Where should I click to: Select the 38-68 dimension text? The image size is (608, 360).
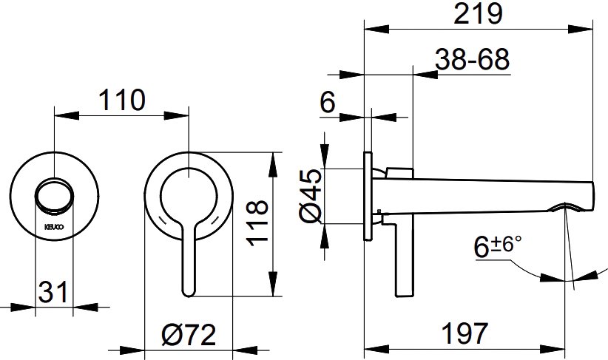(472, 59)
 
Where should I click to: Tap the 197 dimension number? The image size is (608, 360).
(465, 333)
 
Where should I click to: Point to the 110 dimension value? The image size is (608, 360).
(122, 100)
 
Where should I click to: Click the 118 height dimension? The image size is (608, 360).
(258, 223)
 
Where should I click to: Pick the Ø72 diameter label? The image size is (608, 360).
(189, 335)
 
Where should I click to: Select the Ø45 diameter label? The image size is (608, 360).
(311, 196)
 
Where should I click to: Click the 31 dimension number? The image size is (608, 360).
(53, 292)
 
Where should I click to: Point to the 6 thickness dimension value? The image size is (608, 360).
(327, 103)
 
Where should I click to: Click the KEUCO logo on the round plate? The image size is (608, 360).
(54, 227)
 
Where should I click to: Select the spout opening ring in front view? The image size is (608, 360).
(54, 195)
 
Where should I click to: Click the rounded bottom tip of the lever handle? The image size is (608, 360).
(188, 293)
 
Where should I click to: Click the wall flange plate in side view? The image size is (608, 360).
(368, 197)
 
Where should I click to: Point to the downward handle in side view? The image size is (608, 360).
(405, 257)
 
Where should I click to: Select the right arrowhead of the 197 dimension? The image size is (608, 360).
(554, 348)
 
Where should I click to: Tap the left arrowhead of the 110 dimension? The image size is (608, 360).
(67, 115)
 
